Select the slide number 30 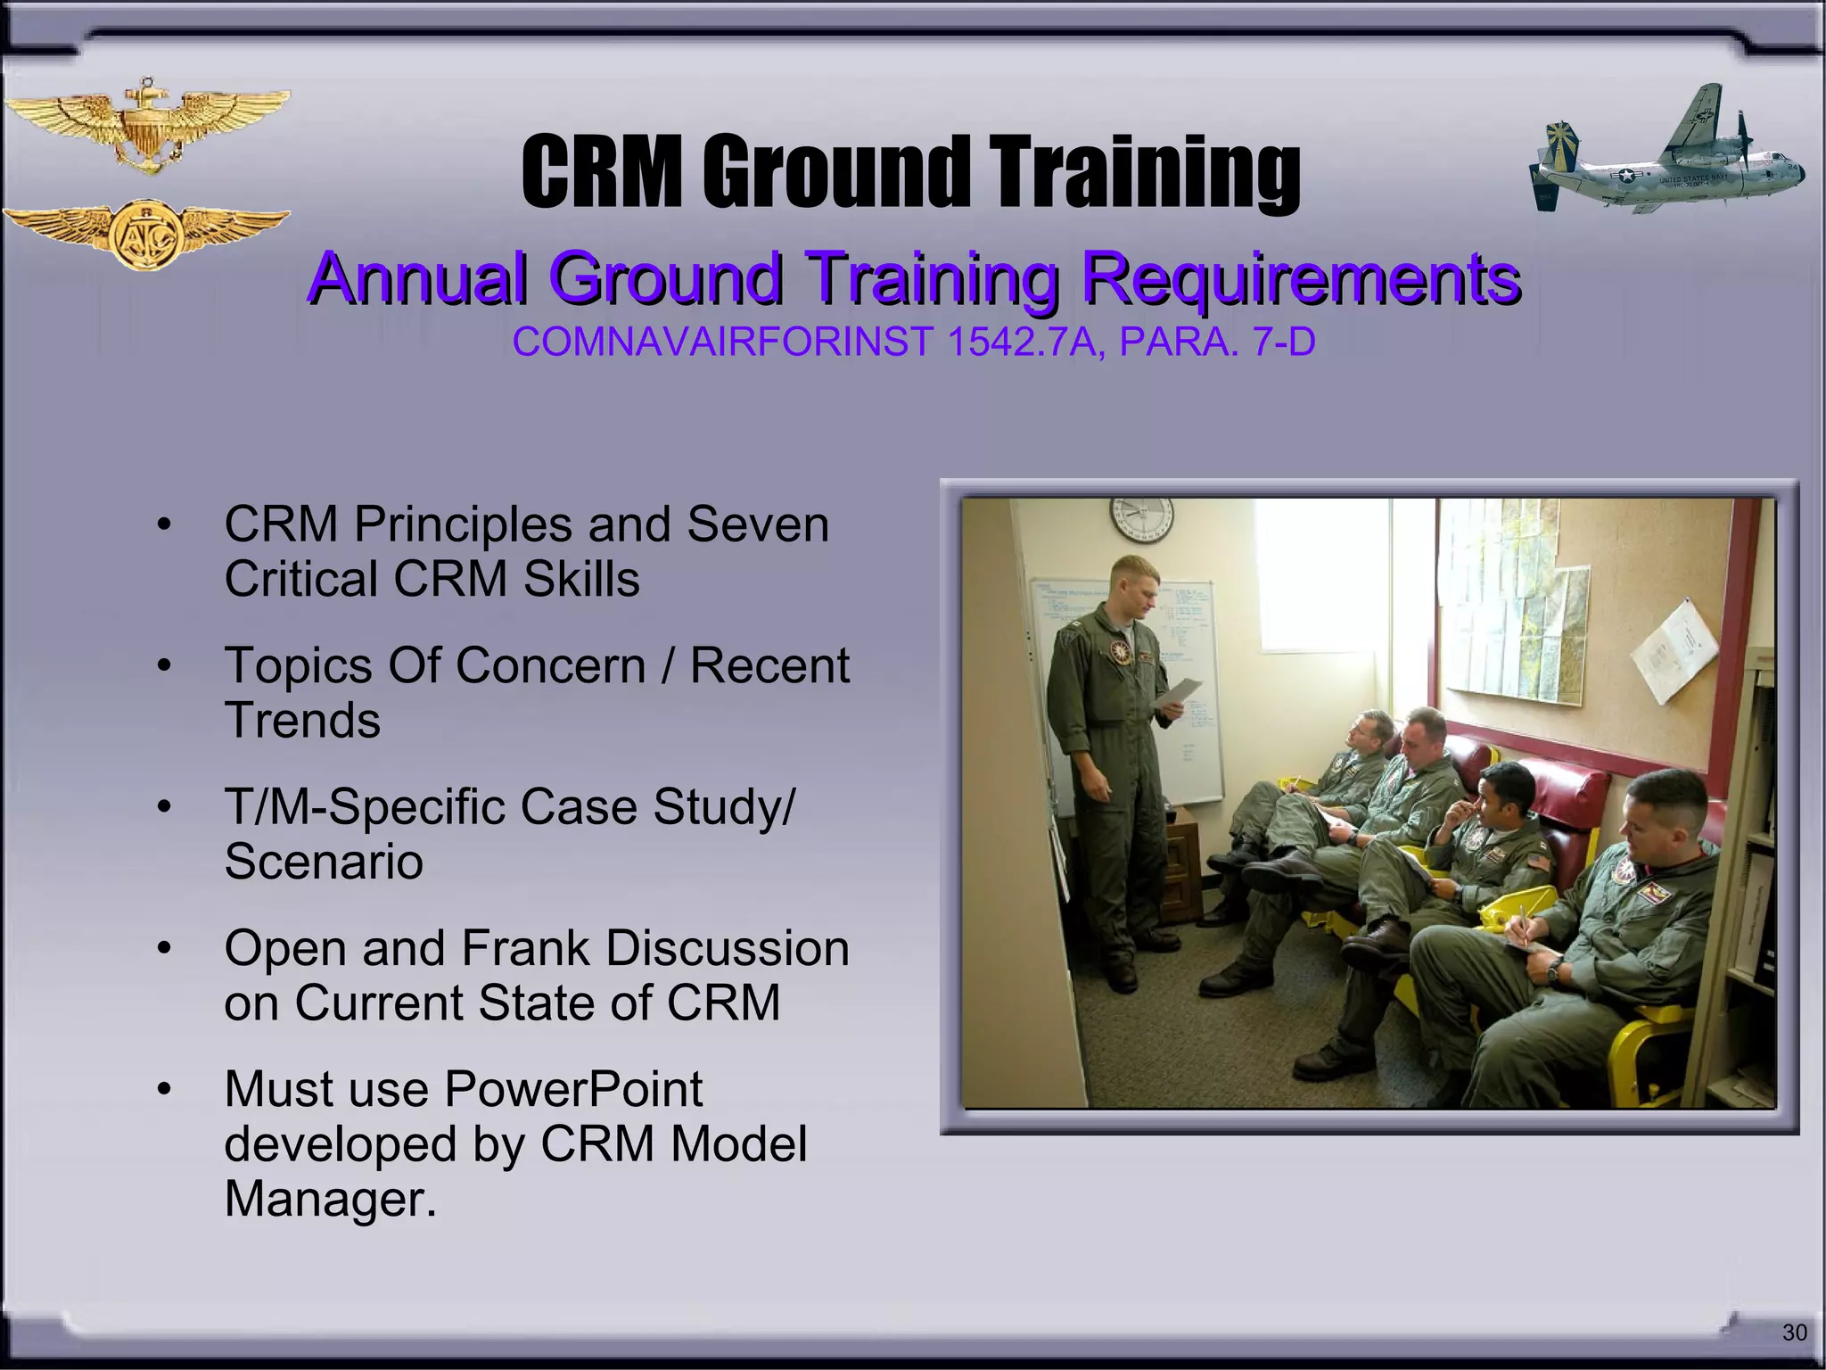pos(1794,1333)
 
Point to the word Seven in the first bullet pos(757,524)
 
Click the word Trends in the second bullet pos(302,721)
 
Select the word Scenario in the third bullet pos(324,862)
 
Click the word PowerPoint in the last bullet pos(573,1089)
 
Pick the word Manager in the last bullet pos(329,1199)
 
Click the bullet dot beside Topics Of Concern pos(163,666)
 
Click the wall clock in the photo pos(1141,519)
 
